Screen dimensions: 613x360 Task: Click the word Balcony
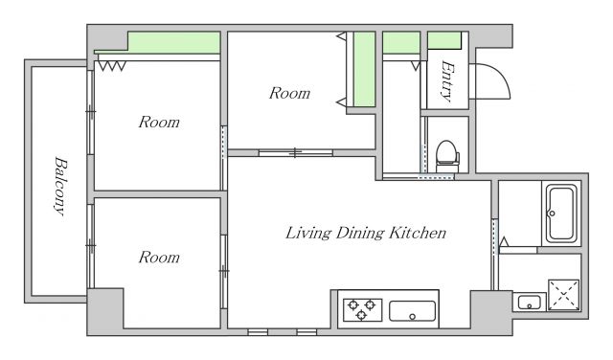tap(60, 186)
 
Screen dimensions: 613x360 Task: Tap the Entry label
tap(447, 80)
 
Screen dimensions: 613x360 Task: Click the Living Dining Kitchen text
tap(366, 233)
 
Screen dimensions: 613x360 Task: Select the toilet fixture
tap(447, 156)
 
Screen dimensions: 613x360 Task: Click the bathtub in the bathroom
tap(561, 214)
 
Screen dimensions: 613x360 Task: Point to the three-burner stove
tap(362, 309)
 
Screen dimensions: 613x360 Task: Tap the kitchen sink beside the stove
tap(413, 311)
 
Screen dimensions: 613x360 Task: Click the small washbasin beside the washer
tap(530, 303)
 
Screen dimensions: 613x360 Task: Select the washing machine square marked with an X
tap(563, 295)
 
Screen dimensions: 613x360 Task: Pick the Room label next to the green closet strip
tap(289, 93)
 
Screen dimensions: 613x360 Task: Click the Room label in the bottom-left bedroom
tap(159, 258)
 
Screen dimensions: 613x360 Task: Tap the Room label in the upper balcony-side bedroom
tap(159, 123)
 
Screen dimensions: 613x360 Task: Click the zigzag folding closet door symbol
tap(112, 66)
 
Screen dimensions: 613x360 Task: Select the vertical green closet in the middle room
tap(364, 69)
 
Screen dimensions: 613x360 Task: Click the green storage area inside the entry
tap(444, 40)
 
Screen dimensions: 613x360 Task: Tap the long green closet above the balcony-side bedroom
tap(174, 42)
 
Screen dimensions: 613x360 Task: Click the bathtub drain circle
tap(552, 214)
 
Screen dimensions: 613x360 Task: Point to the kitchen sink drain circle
tap(413, 317)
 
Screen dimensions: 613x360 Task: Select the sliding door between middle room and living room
tap(296, 153)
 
